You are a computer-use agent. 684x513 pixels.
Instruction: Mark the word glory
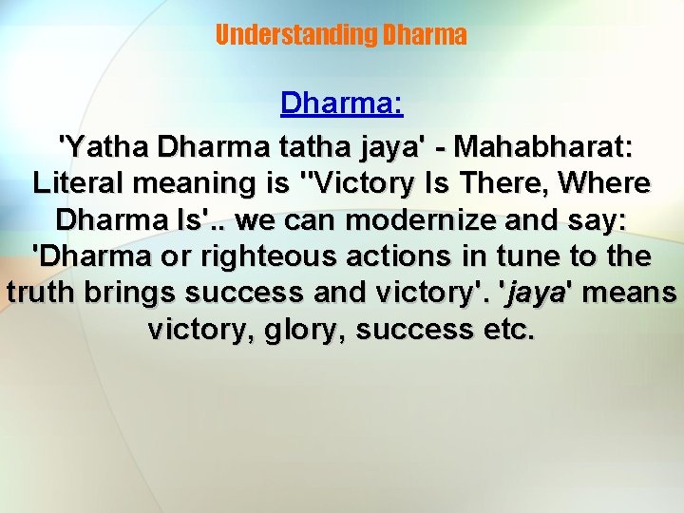(x=299, y=329)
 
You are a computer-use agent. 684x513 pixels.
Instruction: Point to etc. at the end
(x=510, y=329)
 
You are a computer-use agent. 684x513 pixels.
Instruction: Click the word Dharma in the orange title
(x=424, y=35)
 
